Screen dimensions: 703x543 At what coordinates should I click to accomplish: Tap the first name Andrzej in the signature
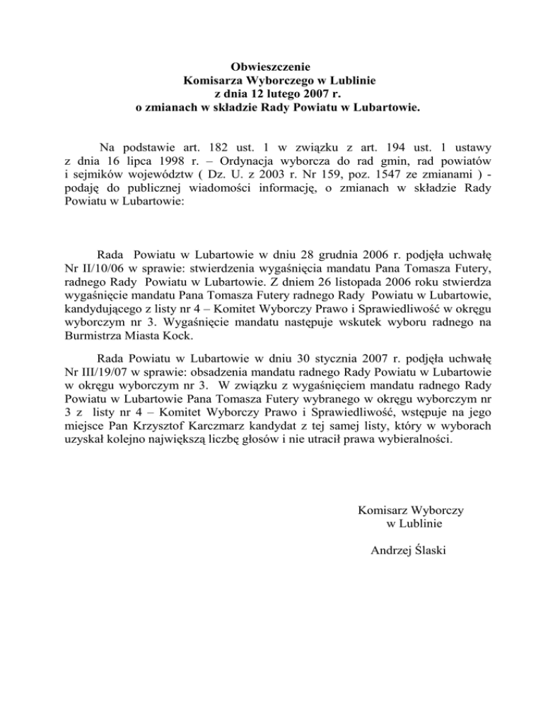click(x=390, y=552)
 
